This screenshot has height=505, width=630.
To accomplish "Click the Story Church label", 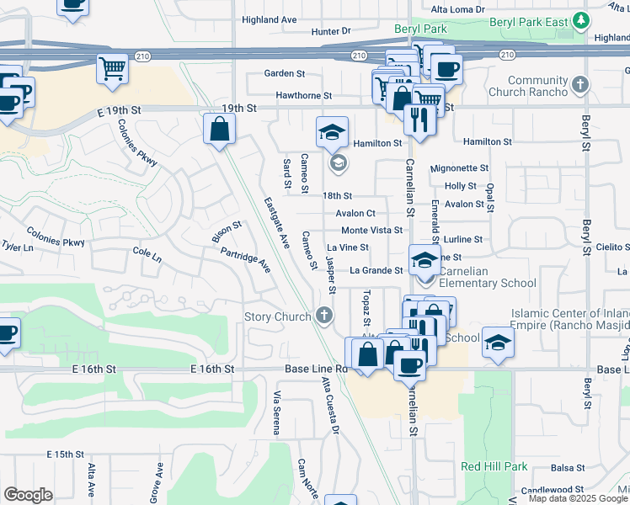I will click(x=278, y=317).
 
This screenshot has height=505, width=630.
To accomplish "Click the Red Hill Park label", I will click(x=494, y=466).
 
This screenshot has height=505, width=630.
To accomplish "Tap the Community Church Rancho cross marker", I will click(x=580, y=84).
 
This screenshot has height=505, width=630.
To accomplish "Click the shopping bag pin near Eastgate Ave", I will click(x=219, y=130).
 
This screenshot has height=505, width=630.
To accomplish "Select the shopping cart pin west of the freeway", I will click(x=112, y=69).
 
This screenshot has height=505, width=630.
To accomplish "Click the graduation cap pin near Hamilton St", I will click(x=333, y=131).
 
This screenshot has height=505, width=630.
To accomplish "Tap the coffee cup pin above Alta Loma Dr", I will click(x=73, y=5).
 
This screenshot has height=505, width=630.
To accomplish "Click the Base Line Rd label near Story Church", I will click(x=327, y=369).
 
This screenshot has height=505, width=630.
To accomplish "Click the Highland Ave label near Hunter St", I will click(x=270, y=19).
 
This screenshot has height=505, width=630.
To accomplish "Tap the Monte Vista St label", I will click(x=371, y=230).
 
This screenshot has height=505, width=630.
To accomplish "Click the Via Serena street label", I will click(x=276, y=413).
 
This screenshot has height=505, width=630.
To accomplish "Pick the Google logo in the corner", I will click(x=28, y=494).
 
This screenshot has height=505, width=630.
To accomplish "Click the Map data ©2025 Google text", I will click(x=579, y=498).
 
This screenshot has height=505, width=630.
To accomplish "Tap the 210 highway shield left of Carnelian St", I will click(x=359, y=56).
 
